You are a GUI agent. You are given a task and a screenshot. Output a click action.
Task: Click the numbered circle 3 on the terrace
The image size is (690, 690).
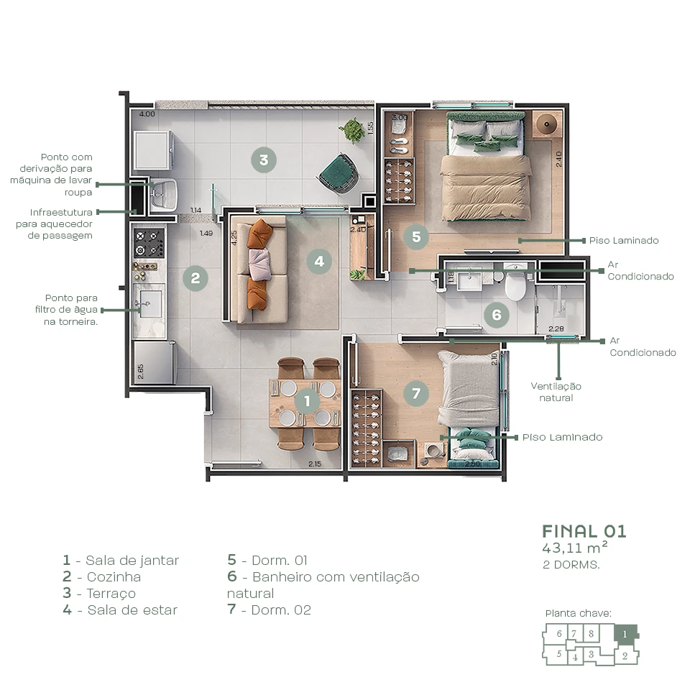[264, 160]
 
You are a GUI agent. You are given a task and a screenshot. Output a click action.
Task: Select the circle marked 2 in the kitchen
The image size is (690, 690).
[195, 277]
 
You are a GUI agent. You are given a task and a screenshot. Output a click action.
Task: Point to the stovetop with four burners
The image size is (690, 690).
[149, 243]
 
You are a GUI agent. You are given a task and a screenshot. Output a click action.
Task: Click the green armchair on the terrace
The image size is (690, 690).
[337, 173]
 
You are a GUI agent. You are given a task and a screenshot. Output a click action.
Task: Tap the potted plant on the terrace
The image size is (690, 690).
[352, 130]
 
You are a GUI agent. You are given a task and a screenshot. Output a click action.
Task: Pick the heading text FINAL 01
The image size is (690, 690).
[584, 531]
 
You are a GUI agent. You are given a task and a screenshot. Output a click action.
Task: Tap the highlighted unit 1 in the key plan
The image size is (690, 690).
[625, 634]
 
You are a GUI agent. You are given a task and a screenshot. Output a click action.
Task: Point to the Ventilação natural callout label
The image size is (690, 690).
[556, 392]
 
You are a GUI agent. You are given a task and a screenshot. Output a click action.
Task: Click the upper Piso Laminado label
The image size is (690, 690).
[623, 241]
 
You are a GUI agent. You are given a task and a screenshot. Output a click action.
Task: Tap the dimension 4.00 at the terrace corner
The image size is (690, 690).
[147, 114]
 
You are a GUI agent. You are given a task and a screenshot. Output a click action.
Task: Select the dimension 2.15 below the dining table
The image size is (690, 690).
[315, 464]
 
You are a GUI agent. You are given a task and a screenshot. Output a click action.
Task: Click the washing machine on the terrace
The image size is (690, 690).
[152, 149]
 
